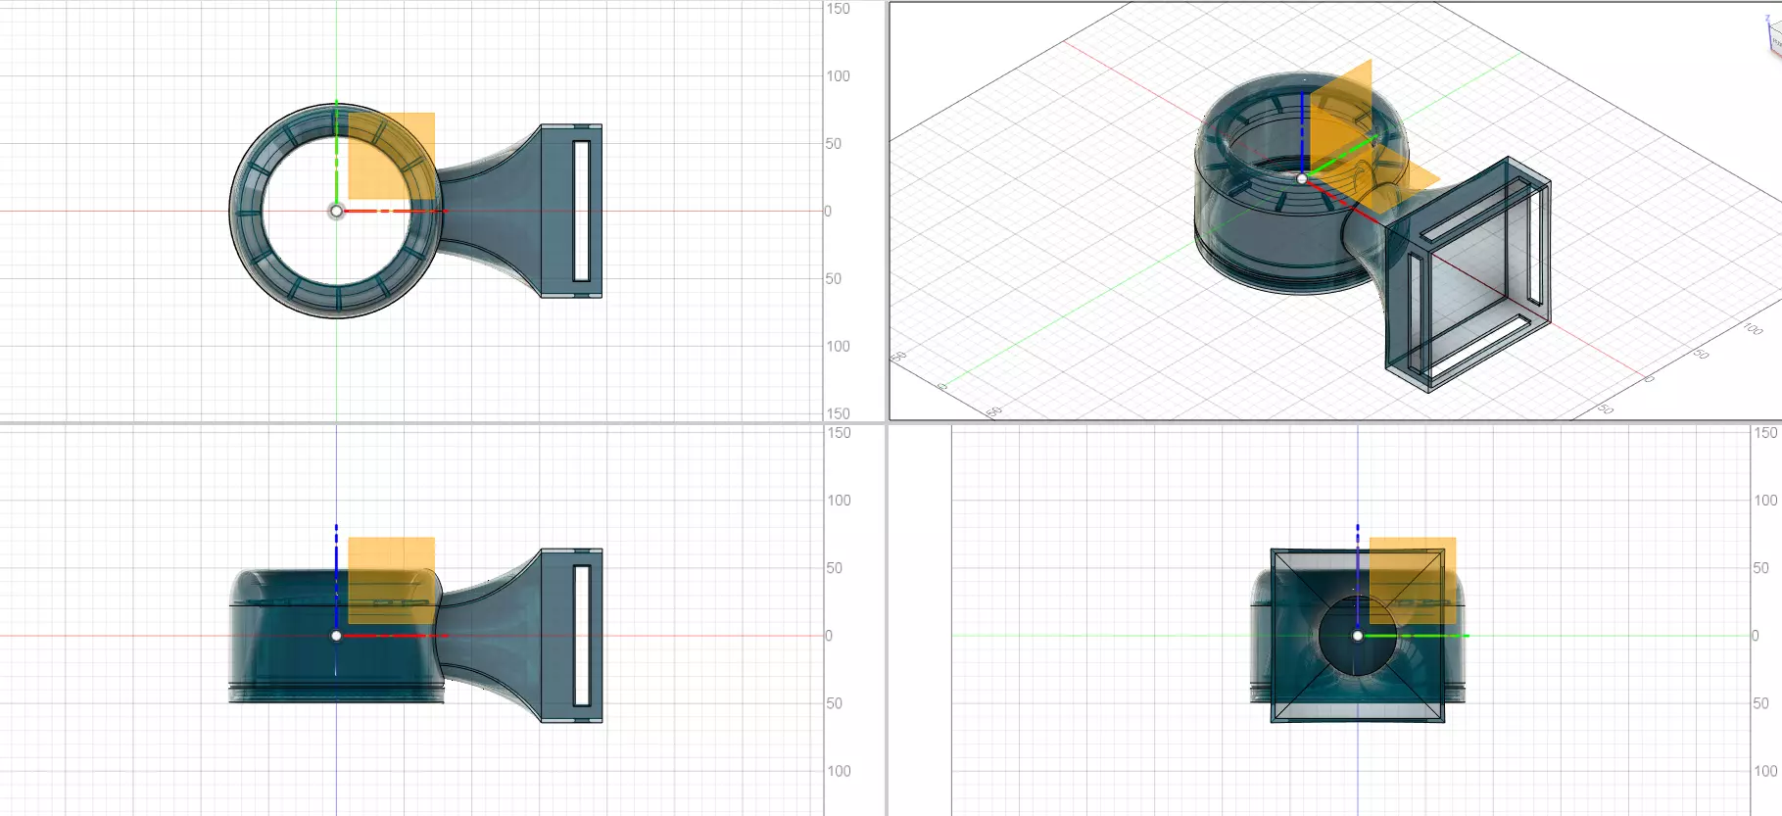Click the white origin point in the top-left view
tap(336, 211)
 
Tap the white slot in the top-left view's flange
tap(581, 211)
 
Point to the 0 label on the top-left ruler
tap(828, 211)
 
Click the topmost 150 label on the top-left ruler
tap(838, 9)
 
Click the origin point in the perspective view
tap(1302, 178)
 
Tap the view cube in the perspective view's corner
tap(1774, 34)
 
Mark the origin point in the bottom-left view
tap(336, 636)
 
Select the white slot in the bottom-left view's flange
tap(581, 635)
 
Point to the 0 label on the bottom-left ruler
tap(828, 636)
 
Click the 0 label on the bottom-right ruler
tap(1755, 636)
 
